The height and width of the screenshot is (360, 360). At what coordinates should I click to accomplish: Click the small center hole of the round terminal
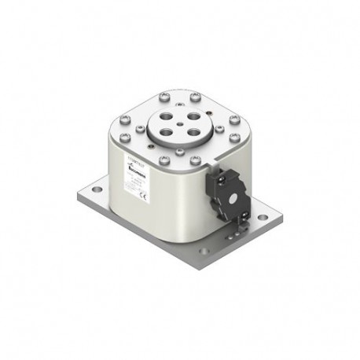click(180, 123)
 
